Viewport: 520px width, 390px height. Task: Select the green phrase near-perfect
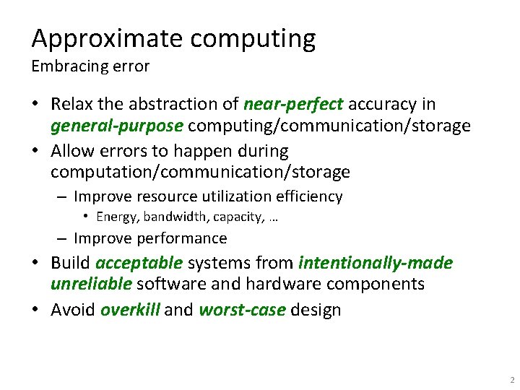(x=293, y=105)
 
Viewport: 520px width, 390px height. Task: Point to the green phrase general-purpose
(x=116, y=126)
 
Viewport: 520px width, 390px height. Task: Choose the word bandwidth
(x=174, y=217)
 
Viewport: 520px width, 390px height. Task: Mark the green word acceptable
(x=139, y=263)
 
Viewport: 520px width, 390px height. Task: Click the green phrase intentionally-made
(x=376, y=263)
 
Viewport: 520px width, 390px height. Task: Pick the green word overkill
(x=130, y=310)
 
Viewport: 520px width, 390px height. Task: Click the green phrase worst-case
(x=242, y=310)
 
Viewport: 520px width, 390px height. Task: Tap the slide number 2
(x=511, y=380)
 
